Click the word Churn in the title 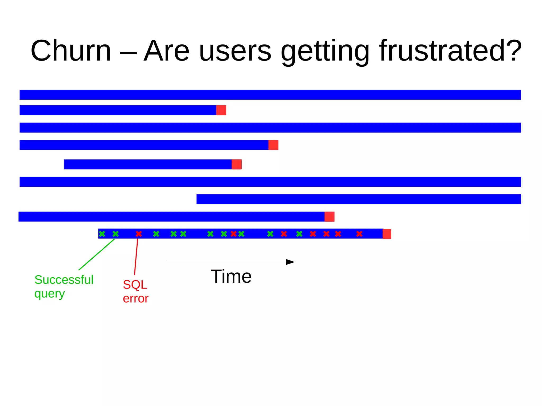coord(71,51)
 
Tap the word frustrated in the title coord(450,51)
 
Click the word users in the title coord(235,51)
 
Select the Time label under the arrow coord(231,277)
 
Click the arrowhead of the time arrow coord(290,262)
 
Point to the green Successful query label coord(64,286)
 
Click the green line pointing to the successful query coord(97,254)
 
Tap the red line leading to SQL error coord(136,257)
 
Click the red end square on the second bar coord(221,110)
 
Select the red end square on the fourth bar coord(273,145)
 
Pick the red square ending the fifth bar coord(237,164)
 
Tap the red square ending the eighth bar coord(329,217)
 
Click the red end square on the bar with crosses coord(387,234)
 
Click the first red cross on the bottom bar coord(139,234)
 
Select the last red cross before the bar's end coord(359,234)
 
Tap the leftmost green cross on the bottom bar coord(102,234)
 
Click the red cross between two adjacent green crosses coord(233,234)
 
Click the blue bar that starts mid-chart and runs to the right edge coord(359,199)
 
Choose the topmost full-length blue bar coord(270,95)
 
